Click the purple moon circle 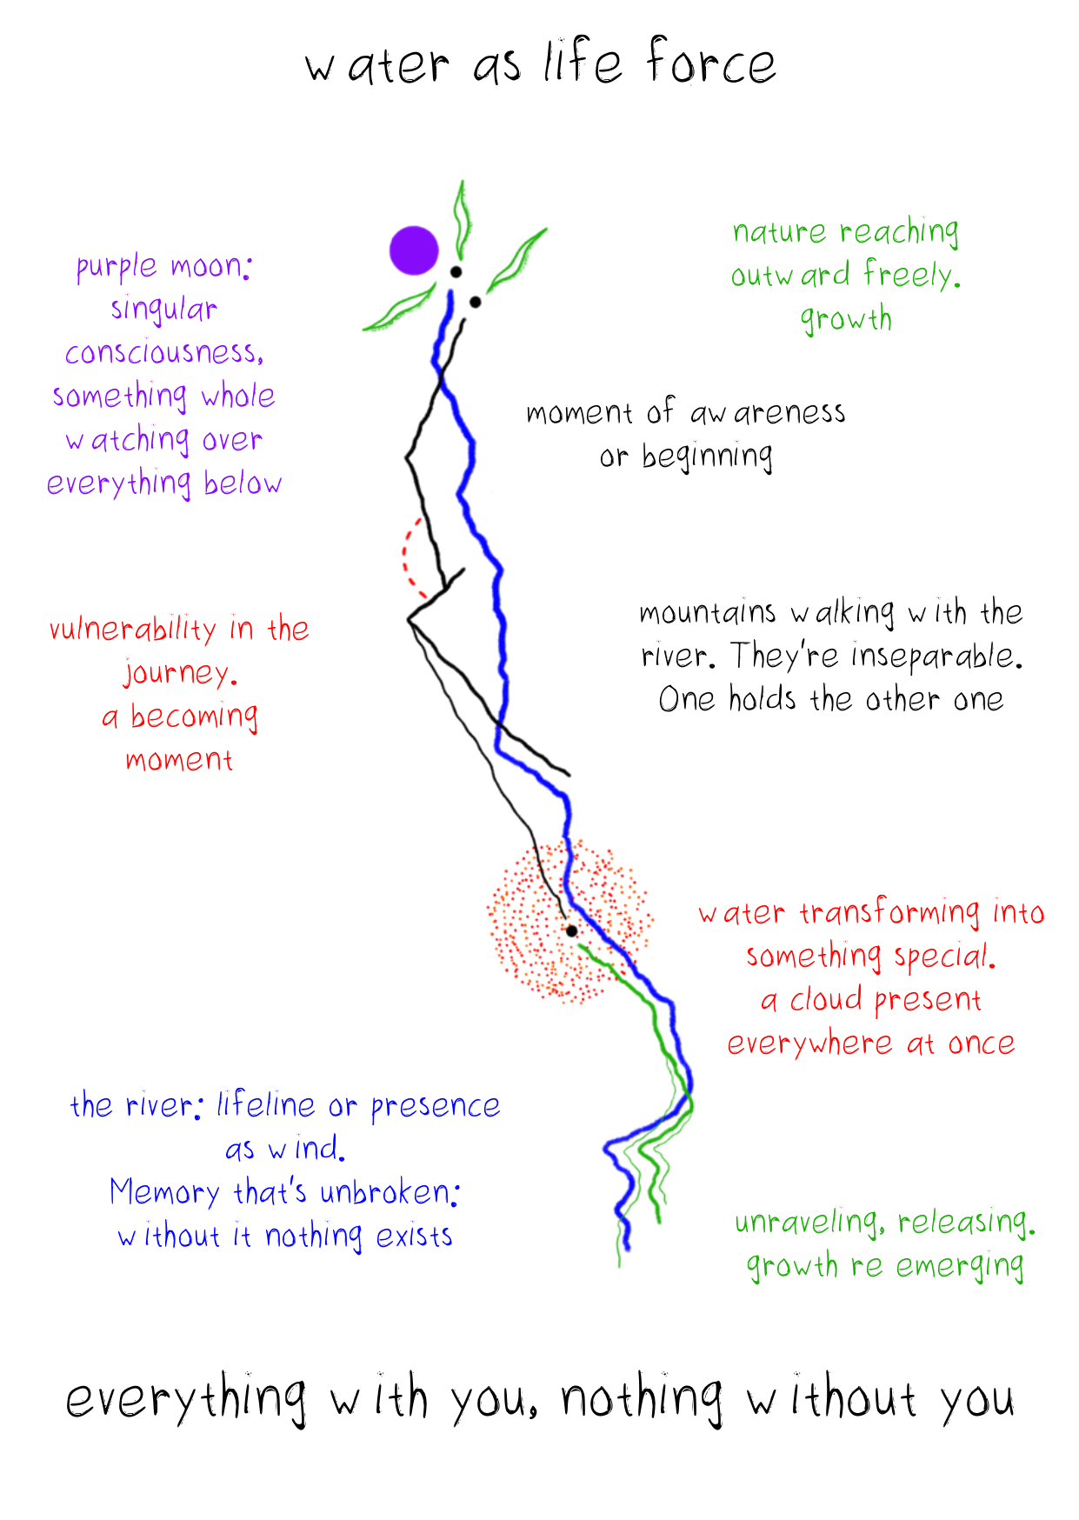(x=414, y=250)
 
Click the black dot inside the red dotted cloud (x=571, y=931)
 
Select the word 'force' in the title (x=710, y=63)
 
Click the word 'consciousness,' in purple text (x=163, y=353)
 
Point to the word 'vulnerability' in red (x=132, y=629)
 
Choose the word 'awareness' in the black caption (x=768, y=412)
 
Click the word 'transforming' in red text (x=889, y=913)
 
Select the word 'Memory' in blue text (x=164, y=1193)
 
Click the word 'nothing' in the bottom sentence (x=642, y=1398)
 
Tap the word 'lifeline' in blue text (x=266, y=1104)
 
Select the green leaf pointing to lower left (x=398, y=310)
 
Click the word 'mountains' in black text (x=707, y=613)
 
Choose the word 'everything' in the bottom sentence (x=185, y=1398)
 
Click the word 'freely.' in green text (x=912, y=275)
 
